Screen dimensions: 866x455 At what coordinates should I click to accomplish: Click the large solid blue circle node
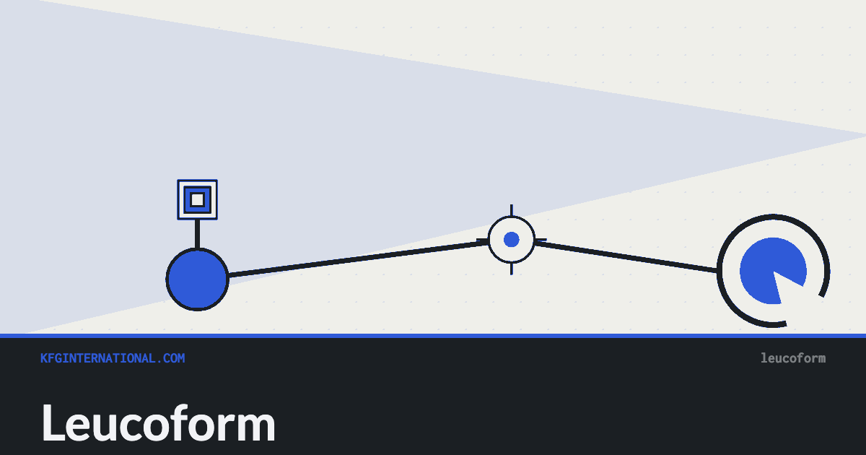198,279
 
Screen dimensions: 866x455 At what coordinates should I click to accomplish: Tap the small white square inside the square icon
198,199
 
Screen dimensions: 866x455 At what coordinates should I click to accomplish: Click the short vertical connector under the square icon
198,234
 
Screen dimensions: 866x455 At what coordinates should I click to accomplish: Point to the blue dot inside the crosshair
512,240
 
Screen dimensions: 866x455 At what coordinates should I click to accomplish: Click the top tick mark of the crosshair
512,210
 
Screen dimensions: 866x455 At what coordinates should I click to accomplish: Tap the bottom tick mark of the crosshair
512,269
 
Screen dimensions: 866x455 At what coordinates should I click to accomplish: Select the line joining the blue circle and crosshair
359,259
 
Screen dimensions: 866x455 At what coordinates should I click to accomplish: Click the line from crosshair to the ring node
626,256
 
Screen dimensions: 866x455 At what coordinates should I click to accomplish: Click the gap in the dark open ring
806,311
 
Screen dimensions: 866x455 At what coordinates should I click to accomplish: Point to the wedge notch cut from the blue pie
791,288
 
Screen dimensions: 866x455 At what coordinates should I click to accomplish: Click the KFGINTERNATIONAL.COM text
113,358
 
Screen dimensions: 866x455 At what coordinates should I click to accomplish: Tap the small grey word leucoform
793,358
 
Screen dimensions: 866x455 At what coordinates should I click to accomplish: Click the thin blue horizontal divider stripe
433,336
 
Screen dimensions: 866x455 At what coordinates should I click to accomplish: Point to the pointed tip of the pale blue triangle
865,136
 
